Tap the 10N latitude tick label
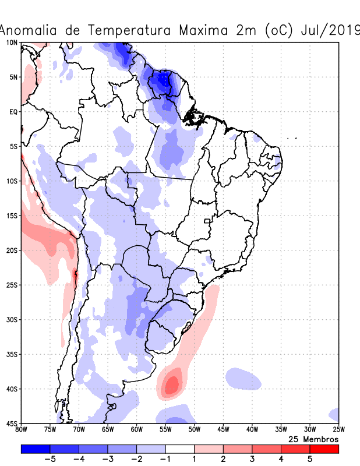point(11,43)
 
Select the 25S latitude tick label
point(11,285)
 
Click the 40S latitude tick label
point(11,389)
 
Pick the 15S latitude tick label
point(11,216)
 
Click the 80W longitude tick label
point(22,430)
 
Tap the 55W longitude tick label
point(165,430)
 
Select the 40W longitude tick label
point(252,430)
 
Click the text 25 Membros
point(313,439)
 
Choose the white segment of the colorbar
point(179,449)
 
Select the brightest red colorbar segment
point(324,449)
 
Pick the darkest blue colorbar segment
point(35,449)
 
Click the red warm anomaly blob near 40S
point(171,384)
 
